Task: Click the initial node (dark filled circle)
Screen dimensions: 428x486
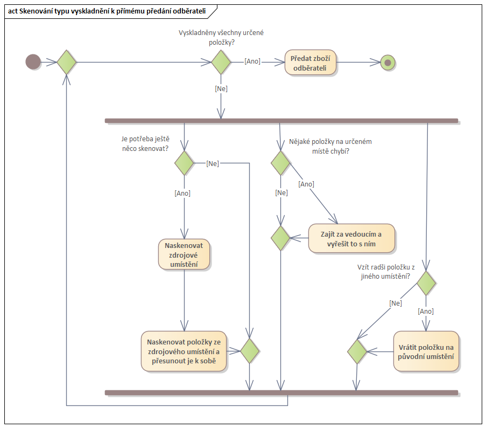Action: point(33,62)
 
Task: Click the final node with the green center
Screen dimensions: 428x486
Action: point(388,63)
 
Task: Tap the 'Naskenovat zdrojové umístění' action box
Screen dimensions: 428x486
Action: point(184,254)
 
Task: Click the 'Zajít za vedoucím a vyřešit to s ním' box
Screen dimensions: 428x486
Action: point(351,238)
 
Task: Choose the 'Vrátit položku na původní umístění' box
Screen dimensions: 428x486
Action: point(426,351)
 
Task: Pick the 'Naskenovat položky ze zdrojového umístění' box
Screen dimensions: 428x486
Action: point(184,351)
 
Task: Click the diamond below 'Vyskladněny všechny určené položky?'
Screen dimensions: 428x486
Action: point(221,62)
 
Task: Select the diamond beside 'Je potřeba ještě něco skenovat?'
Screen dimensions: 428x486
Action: point(184,163)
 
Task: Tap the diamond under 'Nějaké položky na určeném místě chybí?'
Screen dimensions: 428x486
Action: point(280,163)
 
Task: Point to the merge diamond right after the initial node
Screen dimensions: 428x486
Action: point(67,62)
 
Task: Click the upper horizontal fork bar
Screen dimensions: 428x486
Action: point(281,120)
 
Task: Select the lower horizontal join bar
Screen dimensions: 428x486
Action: point(281,392)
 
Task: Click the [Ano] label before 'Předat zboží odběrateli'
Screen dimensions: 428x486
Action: point(252,61)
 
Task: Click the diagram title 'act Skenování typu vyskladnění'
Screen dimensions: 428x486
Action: point(108,11)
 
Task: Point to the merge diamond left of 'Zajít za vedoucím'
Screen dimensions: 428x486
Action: point(280,238)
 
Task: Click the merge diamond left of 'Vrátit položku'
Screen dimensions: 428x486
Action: point(356,351)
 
